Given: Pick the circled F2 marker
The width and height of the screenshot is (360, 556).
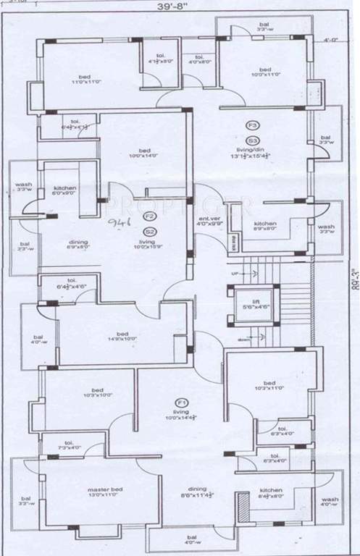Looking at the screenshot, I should click(149, 216).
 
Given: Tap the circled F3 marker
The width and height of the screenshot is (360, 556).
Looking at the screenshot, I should click(253, 125).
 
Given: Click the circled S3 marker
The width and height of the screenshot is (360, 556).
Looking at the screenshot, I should click(253, 139).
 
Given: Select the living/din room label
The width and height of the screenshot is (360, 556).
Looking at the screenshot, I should click(252, 153).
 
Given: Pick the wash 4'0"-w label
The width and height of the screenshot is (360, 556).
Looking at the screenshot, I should click(330, 502).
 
